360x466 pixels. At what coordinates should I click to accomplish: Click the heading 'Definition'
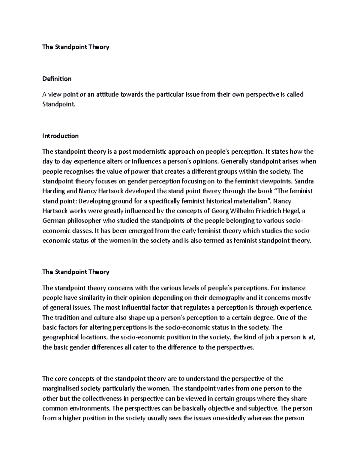57,79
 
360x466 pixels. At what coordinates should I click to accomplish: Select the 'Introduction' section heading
60,136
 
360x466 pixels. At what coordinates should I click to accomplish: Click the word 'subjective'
263,409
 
